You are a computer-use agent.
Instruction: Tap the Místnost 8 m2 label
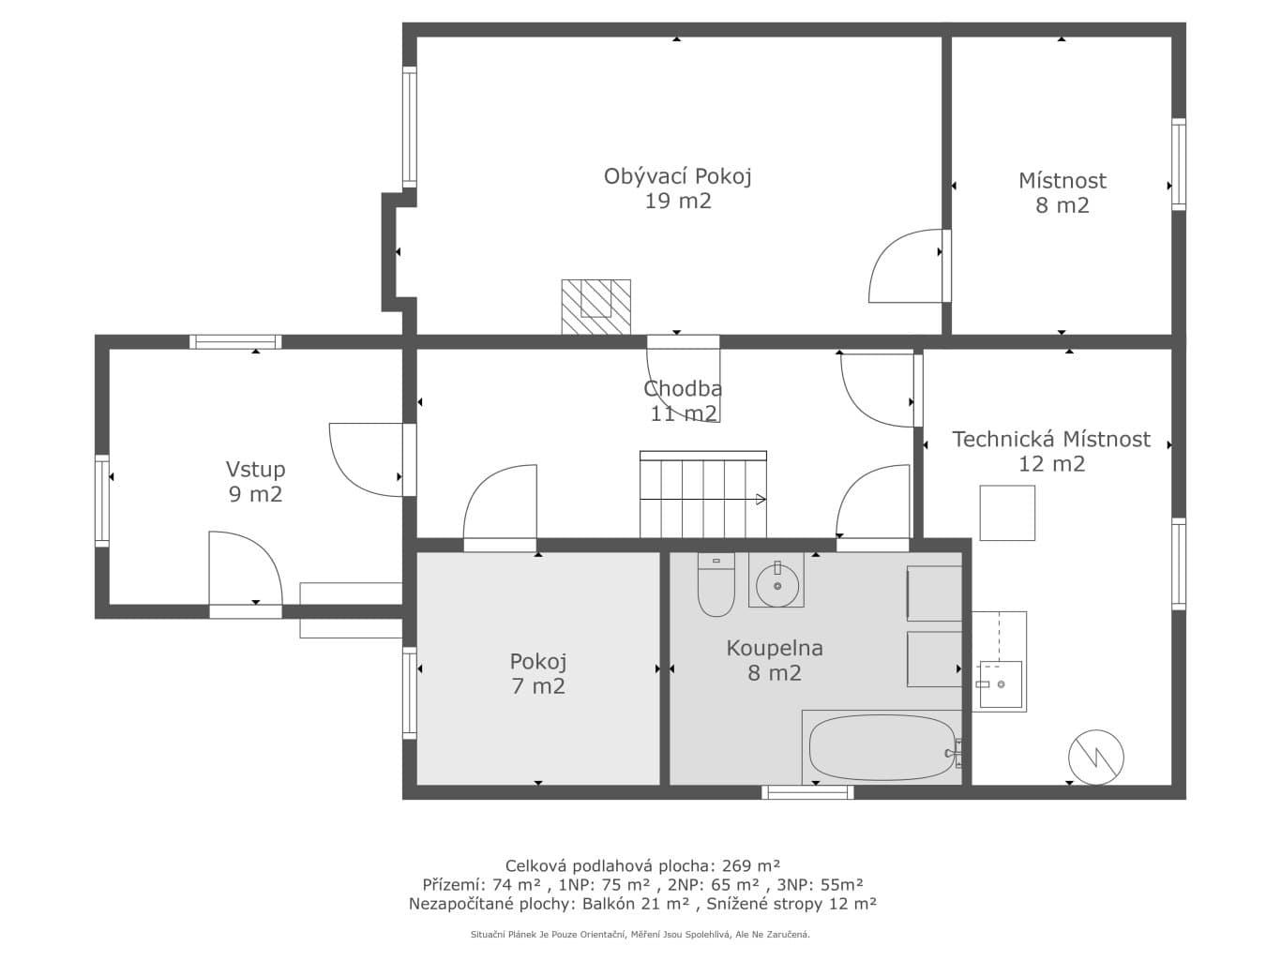(1062, 192)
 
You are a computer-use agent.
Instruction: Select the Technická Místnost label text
(1050, 439)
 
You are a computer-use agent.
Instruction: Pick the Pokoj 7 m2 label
(537, 673)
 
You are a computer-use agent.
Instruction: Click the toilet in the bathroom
(716, 585)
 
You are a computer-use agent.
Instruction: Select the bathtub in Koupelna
(881, 747)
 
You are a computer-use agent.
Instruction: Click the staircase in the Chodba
(702, 494)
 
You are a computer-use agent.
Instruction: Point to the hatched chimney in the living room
(595, 307)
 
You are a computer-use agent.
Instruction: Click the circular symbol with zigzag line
(1095, 757)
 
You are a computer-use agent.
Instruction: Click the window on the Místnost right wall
(1178, 165)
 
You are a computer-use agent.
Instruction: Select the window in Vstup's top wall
(235, 342)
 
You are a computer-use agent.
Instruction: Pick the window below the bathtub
(807, 792)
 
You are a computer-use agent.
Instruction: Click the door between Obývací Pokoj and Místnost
(908, 265)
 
